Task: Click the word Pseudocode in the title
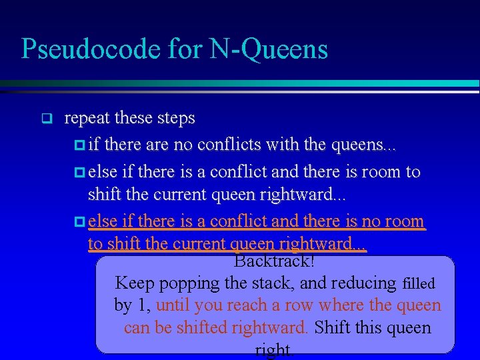pyautogui.click(x=86, y=49)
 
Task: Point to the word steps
pyautogui.click(x=176, y=119)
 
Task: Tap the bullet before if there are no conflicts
pyautogui.click(x=80, y=145)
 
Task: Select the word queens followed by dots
pyautogui.click(x=360, y=145)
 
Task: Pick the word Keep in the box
pyautogui.click(x=134, y=283)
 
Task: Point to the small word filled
pyautogui.click(x=419, y=284)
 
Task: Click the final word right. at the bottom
pyautogui.click(x=275, y=349)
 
